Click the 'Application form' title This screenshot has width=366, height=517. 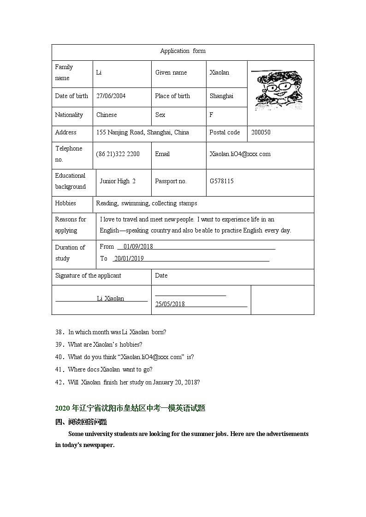click(x=183, y=51)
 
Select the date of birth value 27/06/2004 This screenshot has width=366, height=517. click(x=111, y=96)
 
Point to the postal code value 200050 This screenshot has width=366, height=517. click(x=261, y=132)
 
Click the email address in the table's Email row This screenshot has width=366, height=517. click(x=240, y=154)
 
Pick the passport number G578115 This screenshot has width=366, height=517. click(x=221, y=181)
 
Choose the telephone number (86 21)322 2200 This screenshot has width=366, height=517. click(x=118, y=154)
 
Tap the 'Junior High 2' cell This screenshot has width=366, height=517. click(x=118, y=181)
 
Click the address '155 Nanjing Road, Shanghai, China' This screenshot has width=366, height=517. click(x=142, y=132)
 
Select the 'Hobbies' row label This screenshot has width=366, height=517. click(x=65, y=203)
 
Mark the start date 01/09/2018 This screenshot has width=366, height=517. click(x=138, y=246)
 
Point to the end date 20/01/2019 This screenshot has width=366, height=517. click(x=129, y=258)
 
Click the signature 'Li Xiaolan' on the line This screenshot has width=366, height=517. click(x=110, y=298)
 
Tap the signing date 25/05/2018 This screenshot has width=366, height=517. click(x=170, y=304)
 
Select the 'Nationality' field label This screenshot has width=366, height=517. click(x=69, y=115)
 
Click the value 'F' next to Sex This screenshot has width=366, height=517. click(x=211, y=115)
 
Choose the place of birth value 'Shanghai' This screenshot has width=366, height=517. click(x=221, y=96)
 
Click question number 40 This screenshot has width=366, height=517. click(x=59, y=357)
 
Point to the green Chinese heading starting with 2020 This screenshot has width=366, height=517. click(x=130, y=408)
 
